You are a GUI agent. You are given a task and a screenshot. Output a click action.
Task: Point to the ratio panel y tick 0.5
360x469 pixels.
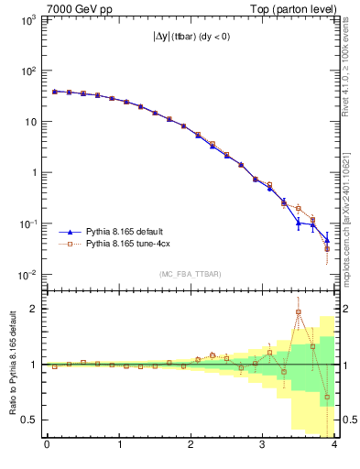tap(32, 420)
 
